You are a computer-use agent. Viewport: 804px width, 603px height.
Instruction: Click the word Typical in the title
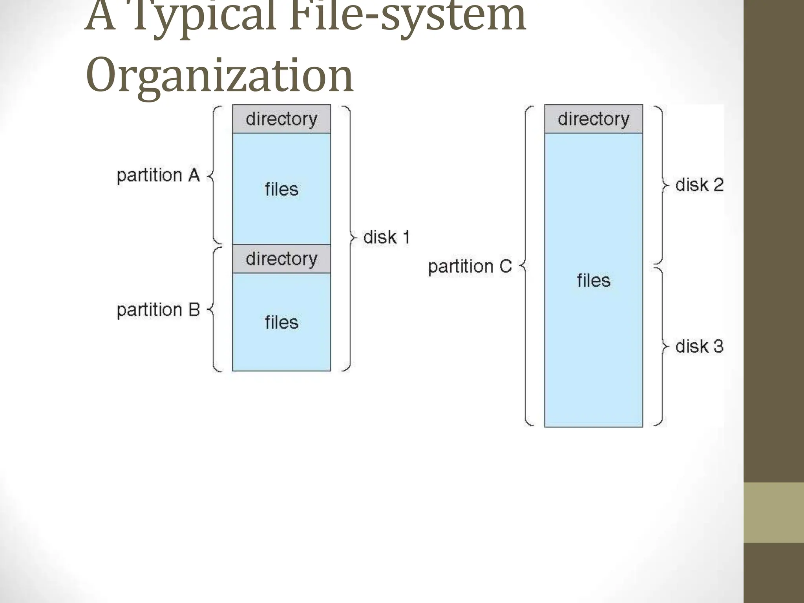[x=204, y=18]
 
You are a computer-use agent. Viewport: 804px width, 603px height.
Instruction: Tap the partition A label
[x=158, y=175]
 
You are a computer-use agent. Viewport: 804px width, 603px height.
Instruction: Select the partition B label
[x=158, y=310]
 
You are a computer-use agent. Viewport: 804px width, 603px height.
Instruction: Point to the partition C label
[x=470, y=267]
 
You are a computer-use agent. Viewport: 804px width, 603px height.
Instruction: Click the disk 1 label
[x=387, y=238]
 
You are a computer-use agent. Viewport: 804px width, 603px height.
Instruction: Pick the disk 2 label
[x=699, y=185]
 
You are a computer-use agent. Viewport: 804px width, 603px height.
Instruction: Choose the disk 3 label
[x=699, y=347]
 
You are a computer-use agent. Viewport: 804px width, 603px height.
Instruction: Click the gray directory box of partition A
[x=281, y=119]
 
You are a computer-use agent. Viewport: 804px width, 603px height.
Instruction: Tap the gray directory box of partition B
[x=281, y=259]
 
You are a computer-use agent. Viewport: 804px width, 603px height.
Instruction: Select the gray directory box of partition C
[x=593, y=119]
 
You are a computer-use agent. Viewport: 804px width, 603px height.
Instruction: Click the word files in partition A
[x=281, y=189]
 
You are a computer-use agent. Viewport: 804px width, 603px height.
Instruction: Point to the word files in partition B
[x=281, y=323]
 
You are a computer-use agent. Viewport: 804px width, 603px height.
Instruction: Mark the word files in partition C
[x=593, y=281]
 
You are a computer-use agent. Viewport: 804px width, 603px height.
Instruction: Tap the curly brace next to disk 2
[x=661, y=185]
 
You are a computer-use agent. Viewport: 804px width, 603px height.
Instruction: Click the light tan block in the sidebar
[x=774, y=512]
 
